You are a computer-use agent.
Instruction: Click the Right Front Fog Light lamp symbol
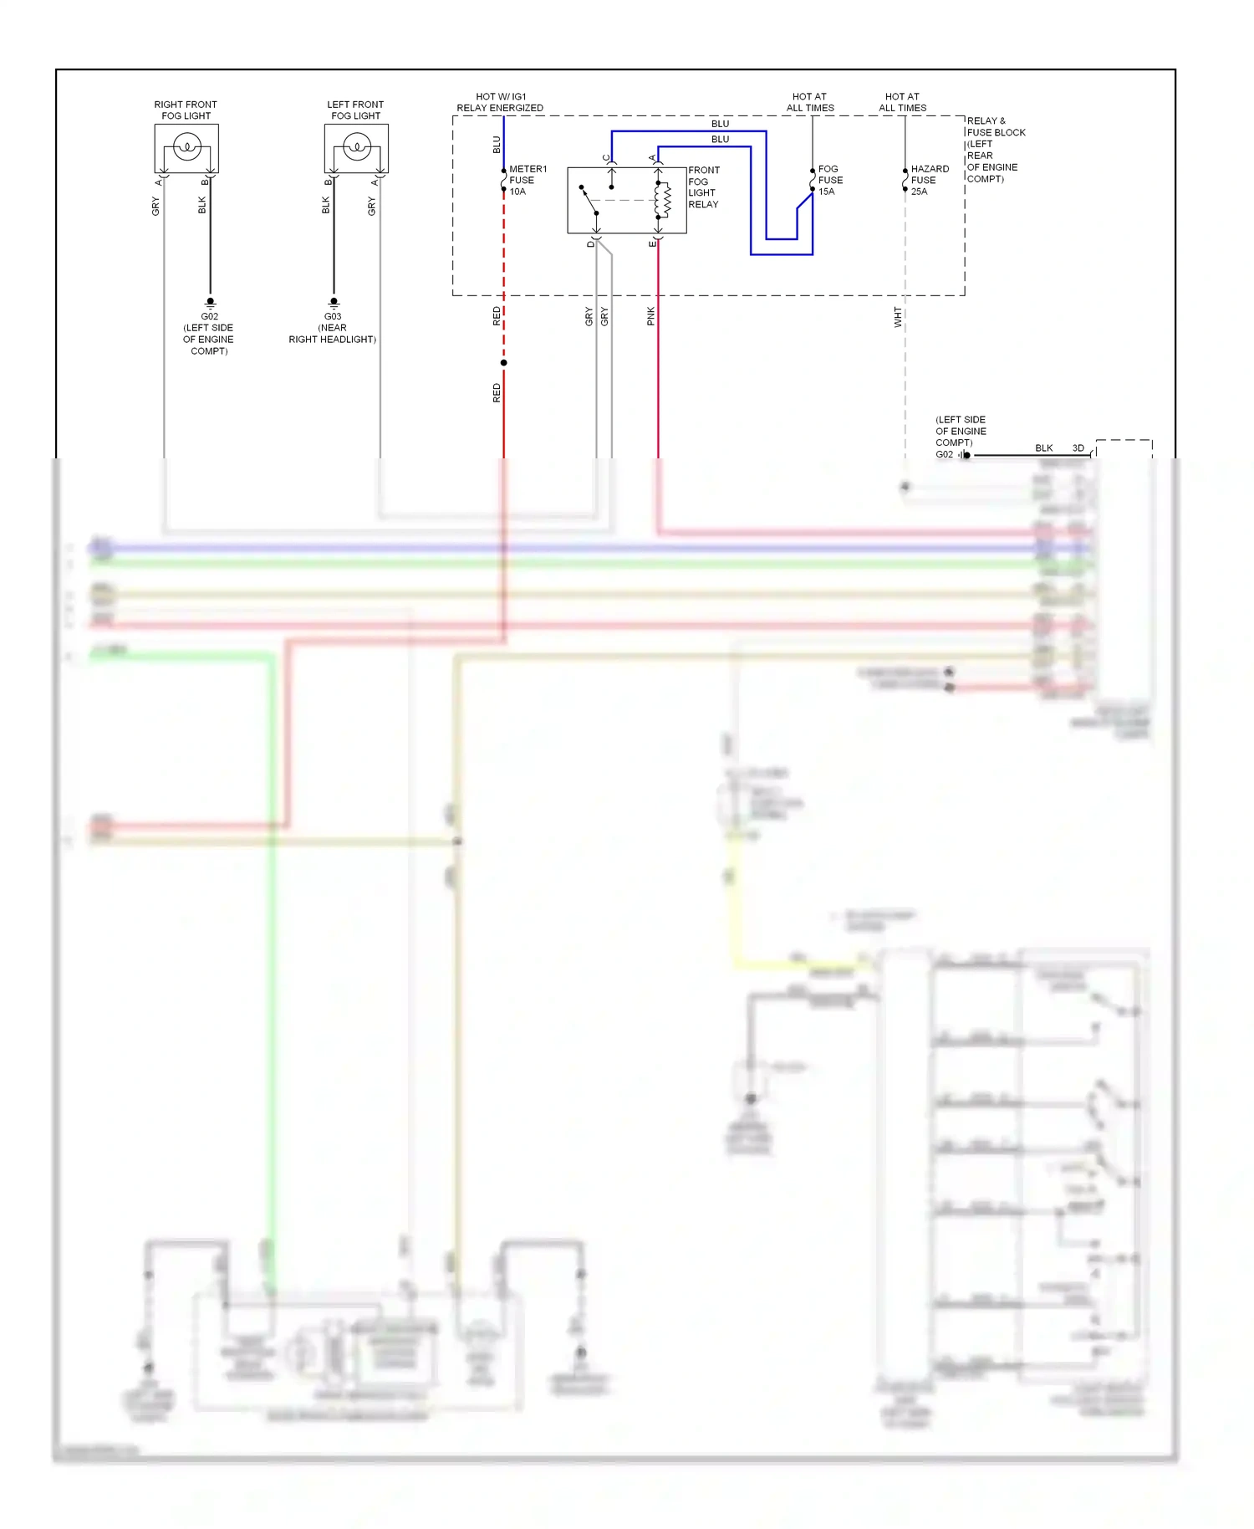coord(187,148)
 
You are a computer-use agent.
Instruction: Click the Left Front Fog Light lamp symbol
coord(357,148)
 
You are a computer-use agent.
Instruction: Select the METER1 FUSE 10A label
coord(527,180)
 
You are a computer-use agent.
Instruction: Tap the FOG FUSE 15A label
coord(829,180)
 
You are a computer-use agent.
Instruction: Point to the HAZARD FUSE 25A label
coord(929,180)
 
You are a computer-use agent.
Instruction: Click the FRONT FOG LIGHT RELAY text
coord(703,187)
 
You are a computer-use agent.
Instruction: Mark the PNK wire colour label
coord(651,316)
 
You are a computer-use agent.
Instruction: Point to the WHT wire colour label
coord(898,317)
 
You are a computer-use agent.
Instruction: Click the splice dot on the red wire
coord(503,362)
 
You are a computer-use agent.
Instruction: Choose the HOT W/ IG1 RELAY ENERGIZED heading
coord(500,102)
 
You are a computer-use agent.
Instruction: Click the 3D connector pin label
coord(1078,447)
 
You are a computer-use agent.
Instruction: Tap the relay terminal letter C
coord(606,157)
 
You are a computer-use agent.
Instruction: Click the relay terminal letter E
coord(652,243)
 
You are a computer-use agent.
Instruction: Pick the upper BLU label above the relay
coord(720,123)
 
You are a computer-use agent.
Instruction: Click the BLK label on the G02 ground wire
coord(1043,447)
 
